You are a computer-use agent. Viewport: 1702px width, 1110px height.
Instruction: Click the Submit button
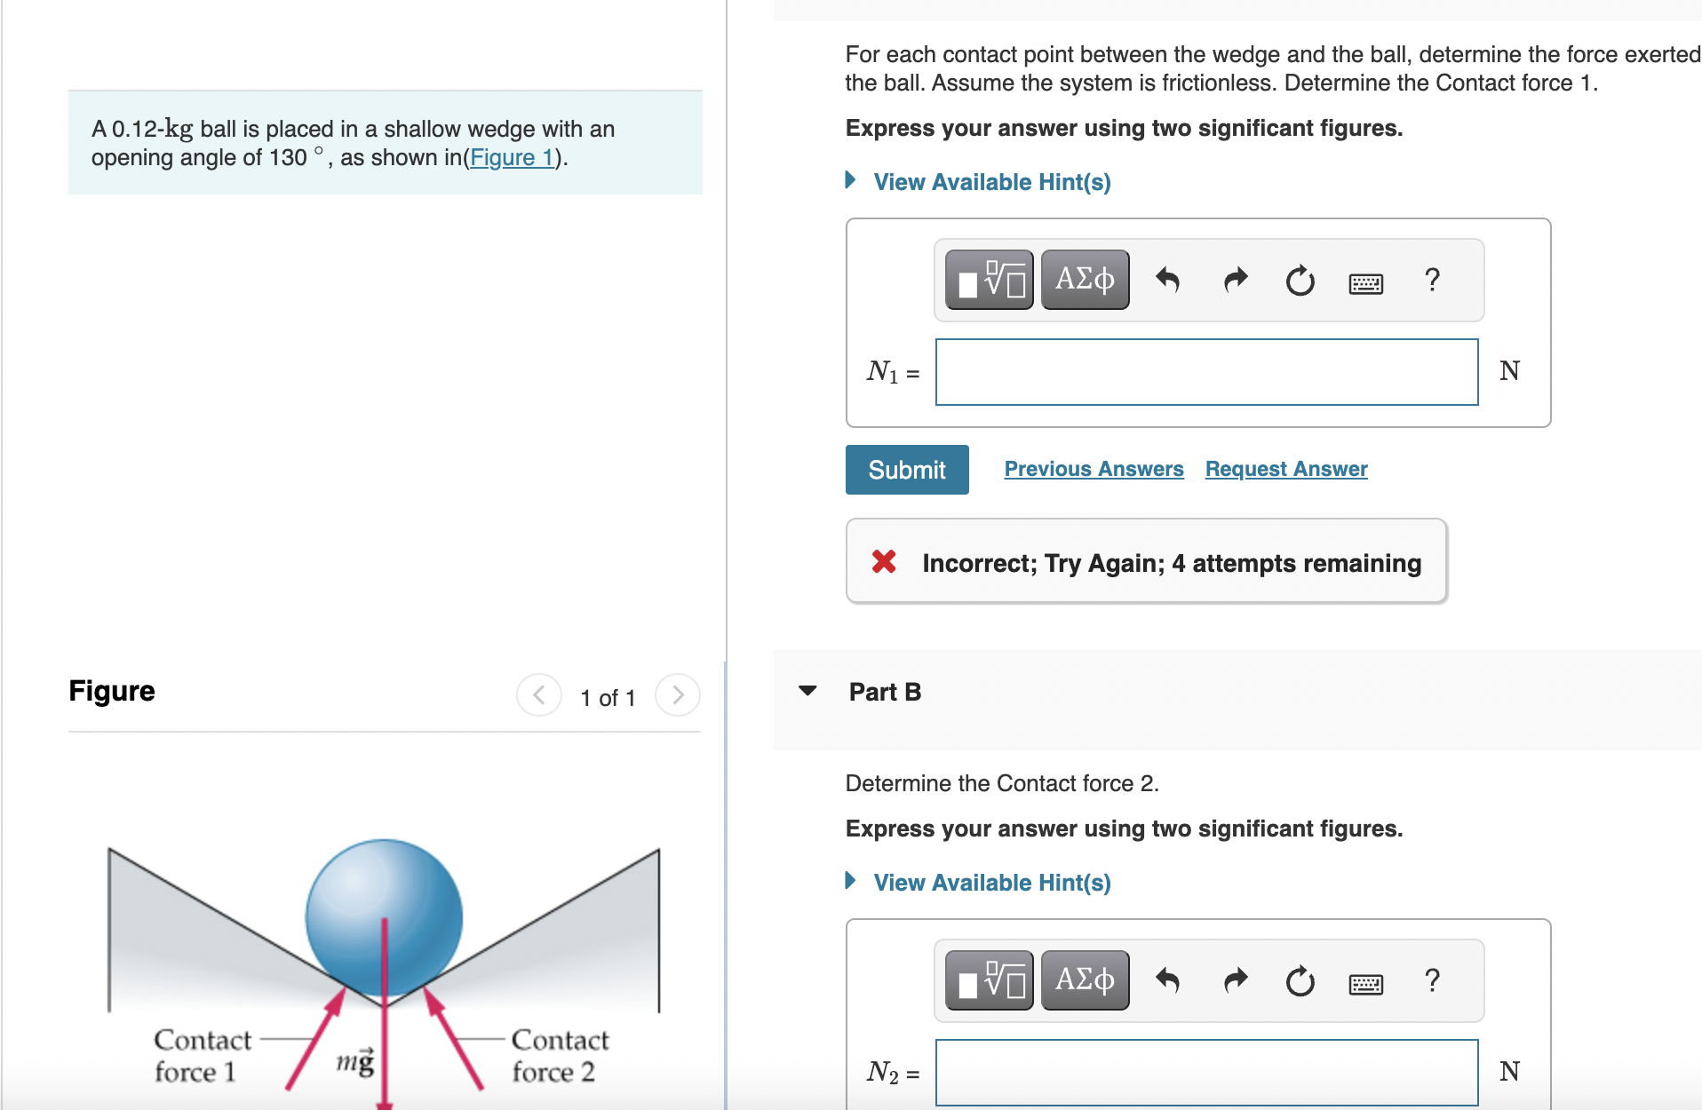906,470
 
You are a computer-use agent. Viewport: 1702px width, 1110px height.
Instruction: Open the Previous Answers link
1094,469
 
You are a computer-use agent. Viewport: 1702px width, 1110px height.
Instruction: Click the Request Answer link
1285,469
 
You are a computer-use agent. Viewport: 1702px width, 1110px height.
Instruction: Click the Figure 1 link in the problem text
512,158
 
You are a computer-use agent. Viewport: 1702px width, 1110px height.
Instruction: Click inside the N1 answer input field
1206,372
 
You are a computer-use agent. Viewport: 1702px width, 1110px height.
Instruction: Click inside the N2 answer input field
1206,1072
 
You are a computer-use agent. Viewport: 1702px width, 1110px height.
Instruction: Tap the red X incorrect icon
884,561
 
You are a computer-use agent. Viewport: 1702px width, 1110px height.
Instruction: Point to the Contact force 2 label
559,1056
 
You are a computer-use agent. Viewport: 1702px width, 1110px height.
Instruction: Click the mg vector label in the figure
355,1061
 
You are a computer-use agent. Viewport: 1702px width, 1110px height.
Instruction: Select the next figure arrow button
678,694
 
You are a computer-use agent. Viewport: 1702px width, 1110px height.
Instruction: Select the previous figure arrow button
539,694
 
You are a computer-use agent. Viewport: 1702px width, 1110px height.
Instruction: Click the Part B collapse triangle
807,691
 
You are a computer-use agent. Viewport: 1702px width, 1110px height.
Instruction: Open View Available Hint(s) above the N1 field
991,182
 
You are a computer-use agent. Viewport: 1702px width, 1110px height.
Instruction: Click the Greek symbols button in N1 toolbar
1085,280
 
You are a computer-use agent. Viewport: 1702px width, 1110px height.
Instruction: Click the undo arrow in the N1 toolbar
1167,281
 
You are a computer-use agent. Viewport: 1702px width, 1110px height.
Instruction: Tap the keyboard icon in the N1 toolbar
1365,283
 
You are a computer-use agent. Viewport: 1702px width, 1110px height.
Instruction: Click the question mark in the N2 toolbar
1432,980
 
